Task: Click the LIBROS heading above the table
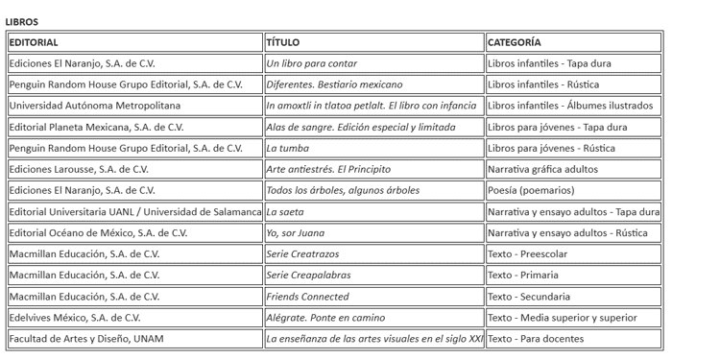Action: [21, 21]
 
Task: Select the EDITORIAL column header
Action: [34, 42]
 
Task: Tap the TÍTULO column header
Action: [283, 42]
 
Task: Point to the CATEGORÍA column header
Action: [514, 42]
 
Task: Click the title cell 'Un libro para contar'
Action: [311, 63]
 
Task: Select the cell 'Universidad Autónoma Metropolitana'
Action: [94, 106]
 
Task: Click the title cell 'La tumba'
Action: [287, 148]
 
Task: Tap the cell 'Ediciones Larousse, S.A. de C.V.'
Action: [83, 169]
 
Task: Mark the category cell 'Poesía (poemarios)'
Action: [530, 190]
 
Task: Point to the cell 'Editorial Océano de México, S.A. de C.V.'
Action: [98, 232]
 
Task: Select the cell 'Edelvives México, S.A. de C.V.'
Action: [75, 318]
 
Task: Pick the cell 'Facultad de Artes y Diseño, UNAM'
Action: [86, 339]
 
